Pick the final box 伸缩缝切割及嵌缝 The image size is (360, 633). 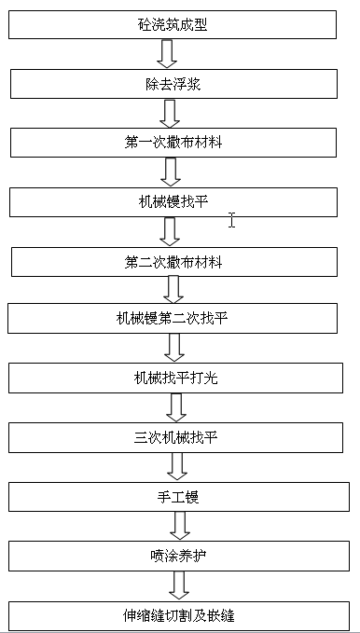pyautogui.click(x=178, y=615)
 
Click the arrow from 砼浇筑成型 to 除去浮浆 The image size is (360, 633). pyautogui.click(x=168, y=54)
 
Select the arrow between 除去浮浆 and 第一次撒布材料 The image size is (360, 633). pyautogui.click(x=170, y=113)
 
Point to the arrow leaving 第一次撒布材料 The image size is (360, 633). pyautogui.click(x=170, y=172)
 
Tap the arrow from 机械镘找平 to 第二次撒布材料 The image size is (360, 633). pyautogui.click(x=170, y=231)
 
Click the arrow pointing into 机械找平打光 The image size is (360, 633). pyautogui.click(x=173, y=349)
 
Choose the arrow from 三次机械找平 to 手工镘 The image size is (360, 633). pyautogui.click(x=177, y=466)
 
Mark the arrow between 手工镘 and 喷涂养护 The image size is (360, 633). pyautogui.click(x=177, y=526)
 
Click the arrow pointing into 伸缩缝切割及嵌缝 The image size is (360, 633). pyautogui.click(x=178, y=585)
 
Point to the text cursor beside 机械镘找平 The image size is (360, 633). pyautogui.click(x=231, y=219)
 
